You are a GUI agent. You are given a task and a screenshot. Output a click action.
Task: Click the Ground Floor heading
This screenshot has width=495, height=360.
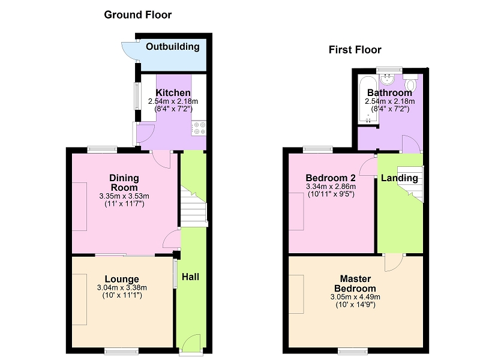click(137, 15)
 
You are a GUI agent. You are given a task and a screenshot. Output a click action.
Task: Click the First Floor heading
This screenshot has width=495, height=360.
click(355, 50)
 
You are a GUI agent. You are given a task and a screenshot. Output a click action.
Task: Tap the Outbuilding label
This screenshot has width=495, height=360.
click(173, 47)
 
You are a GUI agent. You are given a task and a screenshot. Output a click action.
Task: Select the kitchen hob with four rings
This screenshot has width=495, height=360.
click(199, 128)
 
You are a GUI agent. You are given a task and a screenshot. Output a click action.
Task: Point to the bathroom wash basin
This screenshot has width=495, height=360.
click(386, 79)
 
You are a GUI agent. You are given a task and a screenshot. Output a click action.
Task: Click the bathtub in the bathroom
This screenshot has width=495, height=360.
click(368, 100)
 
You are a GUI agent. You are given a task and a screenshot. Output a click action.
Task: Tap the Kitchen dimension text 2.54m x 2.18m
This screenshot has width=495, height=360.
click(173, 101)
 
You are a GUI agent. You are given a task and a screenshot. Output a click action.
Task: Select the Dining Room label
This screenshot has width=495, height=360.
click(124, 182)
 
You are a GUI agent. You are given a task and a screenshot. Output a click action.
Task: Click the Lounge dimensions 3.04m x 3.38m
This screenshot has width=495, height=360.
click(122, 287)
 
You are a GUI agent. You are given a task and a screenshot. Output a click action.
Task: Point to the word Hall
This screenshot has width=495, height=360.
click(190, 277)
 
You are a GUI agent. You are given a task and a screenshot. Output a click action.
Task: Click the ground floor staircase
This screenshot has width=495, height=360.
click(194, 206)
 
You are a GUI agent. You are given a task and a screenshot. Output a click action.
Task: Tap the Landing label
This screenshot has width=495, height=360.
click(400, 178)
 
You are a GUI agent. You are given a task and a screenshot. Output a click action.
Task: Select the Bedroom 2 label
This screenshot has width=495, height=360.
click(331, 178)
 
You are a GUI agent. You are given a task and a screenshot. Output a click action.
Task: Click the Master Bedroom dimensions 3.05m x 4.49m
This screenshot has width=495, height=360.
click(355, 297)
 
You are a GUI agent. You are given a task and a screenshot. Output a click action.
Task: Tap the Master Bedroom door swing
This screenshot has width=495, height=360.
click(394, 263)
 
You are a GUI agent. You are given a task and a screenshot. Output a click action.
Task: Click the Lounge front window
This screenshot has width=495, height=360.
click(122, 350)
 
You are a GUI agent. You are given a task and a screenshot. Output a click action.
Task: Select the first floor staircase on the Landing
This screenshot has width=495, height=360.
click(410, 184)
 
